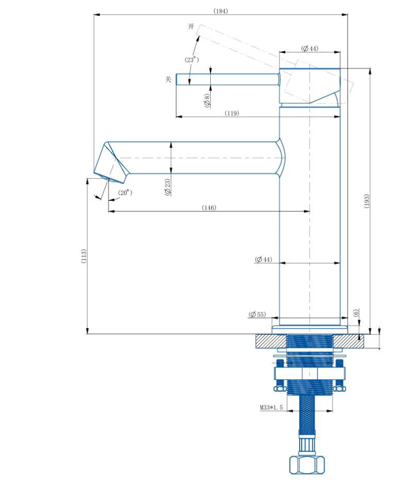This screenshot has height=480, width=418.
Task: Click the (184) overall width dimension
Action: pyautogui.click(x=221, y=11)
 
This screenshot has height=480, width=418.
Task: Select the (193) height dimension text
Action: pyautogui.click(x=367, y=201)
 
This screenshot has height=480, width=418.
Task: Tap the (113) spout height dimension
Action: pyautogui.click(x=84, y=256)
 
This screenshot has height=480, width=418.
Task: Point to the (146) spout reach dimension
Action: pyautogui.click(x=209, y=208)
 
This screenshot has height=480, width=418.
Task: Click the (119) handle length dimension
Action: pyautogui.click(x=232, y=113)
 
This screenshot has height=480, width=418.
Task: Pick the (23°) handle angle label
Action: pyautogui.click(x=192, y=59)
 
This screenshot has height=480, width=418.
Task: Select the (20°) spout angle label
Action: pyautogui.click(x=125, y=193)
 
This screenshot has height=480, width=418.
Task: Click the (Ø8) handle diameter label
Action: pyautogui.click(x=207, y=100)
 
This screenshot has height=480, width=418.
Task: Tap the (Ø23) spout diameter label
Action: pyautogui.click(x=168, y=187)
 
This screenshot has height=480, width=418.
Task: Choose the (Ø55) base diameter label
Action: pyautogui.click(x=257, y=314)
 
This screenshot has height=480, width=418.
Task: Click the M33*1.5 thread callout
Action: pyautogui.click(x=272, y=407)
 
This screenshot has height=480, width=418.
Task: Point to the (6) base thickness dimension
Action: pyautogui.click(x=356, y=313)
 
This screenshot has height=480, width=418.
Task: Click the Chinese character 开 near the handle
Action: pyautogui.click(x=191, y=26)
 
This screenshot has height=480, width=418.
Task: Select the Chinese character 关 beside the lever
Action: pyautogui.click(x=168, y=79)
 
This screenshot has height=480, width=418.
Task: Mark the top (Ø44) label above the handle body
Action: pyautogui.click(x=310, y=48)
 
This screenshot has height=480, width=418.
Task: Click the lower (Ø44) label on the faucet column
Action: pyautogui.click(x=263, y=259)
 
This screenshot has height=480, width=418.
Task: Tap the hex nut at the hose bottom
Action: pyautogui.click(x=307, y=464)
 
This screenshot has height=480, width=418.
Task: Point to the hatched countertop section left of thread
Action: pyautogui.click(x=271, y=341)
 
